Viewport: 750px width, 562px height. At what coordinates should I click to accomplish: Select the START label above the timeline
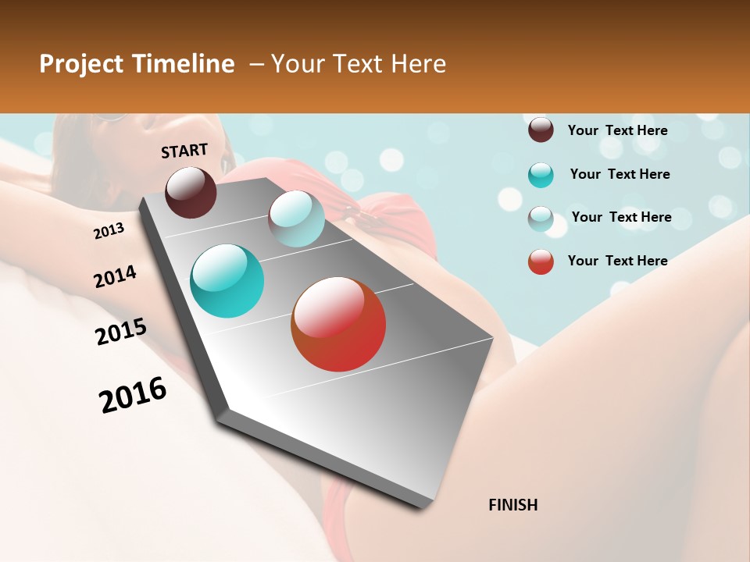184,151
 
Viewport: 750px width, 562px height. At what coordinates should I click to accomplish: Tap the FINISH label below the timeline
513,505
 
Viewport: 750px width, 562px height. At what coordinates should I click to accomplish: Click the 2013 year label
109,231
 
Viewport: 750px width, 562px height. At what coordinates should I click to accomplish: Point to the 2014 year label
115,277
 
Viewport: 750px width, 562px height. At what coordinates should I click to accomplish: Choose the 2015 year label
121,332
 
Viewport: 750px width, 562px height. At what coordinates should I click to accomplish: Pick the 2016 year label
133,395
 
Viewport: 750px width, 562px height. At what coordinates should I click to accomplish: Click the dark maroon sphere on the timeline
191,192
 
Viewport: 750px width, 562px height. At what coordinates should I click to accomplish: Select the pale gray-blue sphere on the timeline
296,219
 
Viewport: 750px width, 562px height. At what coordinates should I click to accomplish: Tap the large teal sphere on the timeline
227,281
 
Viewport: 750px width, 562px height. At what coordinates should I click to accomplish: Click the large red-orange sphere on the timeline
338,324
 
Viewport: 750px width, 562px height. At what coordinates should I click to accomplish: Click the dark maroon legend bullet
541,130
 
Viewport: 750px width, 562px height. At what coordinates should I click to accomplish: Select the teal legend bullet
541,175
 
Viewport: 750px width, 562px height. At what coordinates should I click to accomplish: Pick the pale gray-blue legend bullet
541,219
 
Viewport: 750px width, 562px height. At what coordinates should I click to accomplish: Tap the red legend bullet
541,261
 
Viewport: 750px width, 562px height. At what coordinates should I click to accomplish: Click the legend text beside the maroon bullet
617,130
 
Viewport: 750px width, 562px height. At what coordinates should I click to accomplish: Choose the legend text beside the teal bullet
620,174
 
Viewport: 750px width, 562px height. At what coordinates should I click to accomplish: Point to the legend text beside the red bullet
617,261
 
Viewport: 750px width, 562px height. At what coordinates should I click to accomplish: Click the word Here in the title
418,64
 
